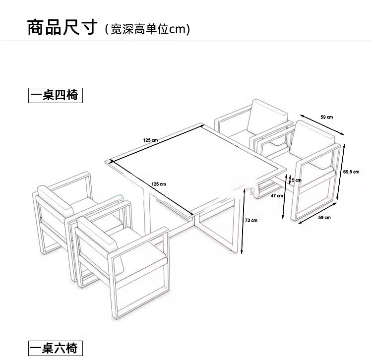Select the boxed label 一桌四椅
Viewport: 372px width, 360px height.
55,95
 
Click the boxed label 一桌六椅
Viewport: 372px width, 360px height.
55,348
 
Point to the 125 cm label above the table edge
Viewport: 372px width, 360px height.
150,140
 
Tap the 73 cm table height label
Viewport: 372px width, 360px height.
251,220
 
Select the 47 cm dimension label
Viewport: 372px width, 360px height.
277,195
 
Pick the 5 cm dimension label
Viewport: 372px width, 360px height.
296,180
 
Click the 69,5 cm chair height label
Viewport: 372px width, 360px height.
351,172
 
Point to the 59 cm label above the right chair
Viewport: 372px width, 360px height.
326,117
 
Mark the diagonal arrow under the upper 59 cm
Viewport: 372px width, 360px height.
322,126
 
